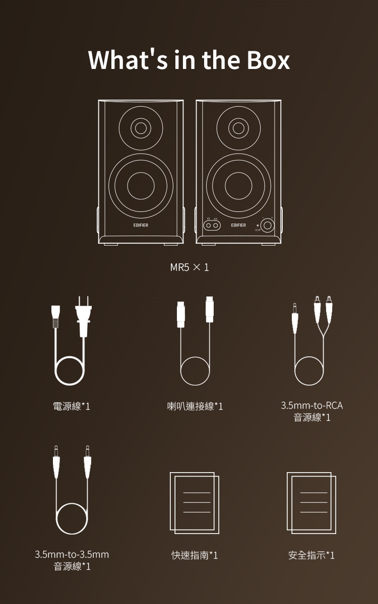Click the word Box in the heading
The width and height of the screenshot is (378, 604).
coord(268,60)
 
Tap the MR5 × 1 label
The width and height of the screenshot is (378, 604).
coord(190,267)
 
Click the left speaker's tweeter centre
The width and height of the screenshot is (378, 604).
coord(141,128)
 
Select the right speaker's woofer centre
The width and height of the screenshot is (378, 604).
coord(238,186)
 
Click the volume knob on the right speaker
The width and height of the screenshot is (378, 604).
coord(267,225)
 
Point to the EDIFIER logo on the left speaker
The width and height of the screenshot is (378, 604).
coord(141,225)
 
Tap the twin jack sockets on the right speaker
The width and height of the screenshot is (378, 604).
coord(212,225)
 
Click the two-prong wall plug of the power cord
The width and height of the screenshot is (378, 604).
coord(84,317)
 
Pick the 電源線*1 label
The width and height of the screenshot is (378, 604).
coord(72,406)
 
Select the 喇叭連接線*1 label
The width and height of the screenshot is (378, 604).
coord(195,406)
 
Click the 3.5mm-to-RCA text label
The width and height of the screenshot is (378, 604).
coord(312,405)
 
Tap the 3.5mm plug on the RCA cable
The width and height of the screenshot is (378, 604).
coord(295,318)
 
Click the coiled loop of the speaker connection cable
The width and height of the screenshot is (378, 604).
coord(195,371)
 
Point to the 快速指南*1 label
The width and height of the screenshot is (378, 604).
coord(195,555)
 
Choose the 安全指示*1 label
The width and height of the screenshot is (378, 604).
coord(311,555)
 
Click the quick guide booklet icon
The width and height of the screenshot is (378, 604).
coord(195,503)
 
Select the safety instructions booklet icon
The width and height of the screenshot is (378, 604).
coord(311,503)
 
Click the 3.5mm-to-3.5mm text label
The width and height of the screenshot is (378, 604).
coord(72,554)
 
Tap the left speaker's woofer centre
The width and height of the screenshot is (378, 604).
coord(141,186)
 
